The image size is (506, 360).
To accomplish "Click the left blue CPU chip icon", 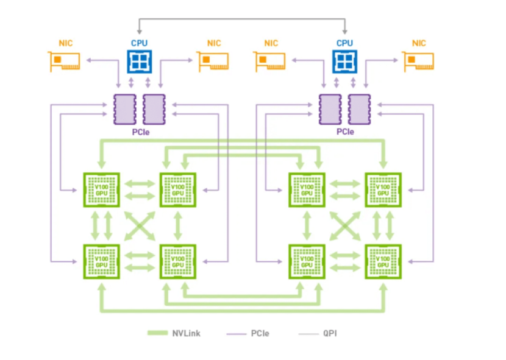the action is [x=140, y=62].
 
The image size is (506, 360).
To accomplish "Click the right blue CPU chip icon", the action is [x=344, y=62].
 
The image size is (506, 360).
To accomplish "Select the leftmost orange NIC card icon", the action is [x=64, y=62].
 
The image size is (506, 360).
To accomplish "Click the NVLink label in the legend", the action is [x=186, y=333].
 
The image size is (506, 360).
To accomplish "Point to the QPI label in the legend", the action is [x=330, y=333].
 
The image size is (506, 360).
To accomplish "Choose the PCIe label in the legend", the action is [x=260, y=333].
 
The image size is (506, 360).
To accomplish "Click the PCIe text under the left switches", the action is [x=141, y=132].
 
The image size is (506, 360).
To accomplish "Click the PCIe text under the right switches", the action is [x=345, y=132].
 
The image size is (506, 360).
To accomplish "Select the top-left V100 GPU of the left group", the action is [x=102, y=189].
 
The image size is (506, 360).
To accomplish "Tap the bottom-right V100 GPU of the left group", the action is [x=178, y=261].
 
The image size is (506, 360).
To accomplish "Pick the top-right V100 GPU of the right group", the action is [x=383, y=189].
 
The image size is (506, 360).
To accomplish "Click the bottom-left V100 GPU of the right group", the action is [x=307, y=261].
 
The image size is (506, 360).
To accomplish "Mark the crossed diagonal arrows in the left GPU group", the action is [x=140, y=226].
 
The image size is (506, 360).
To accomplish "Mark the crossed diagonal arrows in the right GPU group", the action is [x=345, y=226].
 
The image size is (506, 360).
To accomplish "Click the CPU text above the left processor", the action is [x=139, y=43].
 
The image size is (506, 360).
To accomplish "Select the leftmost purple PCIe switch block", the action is [x=125, y=110].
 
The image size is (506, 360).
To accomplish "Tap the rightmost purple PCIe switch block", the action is [x=359, y=110].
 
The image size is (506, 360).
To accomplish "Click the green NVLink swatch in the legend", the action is [x=157, y=333].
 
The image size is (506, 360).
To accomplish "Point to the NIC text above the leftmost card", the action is [x=65, y=43].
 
